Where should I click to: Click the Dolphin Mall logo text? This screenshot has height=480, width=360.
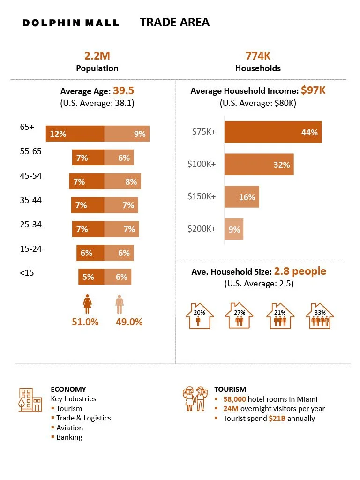[71, 22]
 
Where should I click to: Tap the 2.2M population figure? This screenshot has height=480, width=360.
[97, 56]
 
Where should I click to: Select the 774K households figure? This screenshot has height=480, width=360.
[258, 56]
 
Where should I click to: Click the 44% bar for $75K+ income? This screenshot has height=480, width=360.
[273, 132]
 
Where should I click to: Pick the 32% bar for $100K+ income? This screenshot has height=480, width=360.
[259, 165]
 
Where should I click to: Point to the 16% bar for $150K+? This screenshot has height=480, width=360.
[241, 197]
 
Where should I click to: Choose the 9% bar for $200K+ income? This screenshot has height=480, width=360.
[234, 229]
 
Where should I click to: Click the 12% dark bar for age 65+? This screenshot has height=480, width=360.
[75, 134]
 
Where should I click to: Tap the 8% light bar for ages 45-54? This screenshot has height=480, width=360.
[122, 181]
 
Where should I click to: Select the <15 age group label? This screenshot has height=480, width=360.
[26, 272]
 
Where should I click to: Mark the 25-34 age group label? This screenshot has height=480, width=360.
[31, 225]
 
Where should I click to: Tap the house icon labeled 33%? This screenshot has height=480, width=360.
[320, 315]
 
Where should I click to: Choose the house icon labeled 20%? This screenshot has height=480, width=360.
[200, 315]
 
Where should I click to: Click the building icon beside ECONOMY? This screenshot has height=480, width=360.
[30, 399]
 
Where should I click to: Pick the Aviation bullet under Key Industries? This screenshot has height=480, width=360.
[69, 427]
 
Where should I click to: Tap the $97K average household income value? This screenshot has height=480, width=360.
[313, 90]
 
